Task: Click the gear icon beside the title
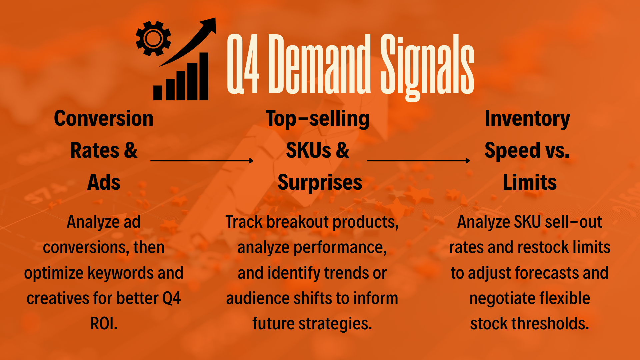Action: [x=153, y=39]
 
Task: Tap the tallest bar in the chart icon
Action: [x=204, y=76]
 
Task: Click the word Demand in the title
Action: [x=319, y=64]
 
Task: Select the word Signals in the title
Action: [x=427, y=67]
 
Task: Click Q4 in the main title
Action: [x=243, y=64]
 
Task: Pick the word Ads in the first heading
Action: [x=104, y=182]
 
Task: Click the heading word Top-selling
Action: [x=318, y=119]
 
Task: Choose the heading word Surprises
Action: [x=320, y=183]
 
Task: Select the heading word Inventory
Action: [x=527, y=119]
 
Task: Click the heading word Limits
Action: [x=530, y=182]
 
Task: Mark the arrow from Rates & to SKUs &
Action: [x=202, y=161]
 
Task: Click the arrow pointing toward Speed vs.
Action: [x=418, y=161]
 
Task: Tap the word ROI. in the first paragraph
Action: [x=104, y=323]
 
